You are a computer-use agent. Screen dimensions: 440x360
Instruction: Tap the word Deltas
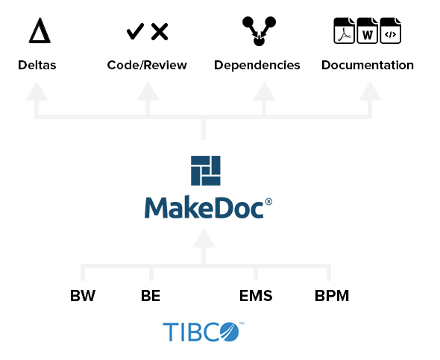pos(37,65)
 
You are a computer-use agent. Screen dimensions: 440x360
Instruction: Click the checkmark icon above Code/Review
pos(135,31)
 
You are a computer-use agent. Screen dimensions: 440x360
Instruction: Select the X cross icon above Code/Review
pos(160,32)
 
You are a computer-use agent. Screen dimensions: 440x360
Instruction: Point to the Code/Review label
pos(147,65)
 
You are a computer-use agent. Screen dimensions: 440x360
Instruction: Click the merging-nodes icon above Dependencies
pos(259,31)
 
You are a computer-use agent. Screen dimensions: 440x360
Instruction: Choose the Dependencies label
pos(257,66)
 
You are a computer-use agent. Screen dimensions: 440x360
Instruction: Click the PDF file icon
pos(344,31)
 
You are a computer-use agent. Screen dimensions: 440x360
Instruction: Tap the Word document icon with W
pos(368,31)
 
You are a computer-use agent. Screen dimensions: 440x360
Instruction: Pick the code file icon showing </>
pos(391,31)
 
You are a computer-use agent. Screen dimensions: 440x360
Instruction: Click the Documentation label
pos(368,65)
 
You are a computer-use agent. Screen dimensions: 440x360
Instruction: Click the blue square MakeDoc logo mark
pos(206,171)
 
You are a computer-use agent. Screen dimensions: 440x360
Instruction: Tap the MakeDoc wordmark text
pos(204,207)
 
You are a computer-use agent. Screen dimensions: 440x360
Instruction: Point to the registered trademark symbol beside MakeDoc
pos(268,201)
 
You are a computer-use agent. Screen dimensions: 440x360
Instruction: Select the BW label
pos(83,296)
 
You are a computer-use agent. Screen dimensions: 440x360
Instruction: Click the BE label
pos(151,296)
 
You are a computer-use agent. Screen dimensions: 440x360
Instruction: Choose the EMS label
pos(256,296)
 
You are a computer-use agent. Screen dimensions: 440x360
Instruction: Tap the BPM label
pos(332,296)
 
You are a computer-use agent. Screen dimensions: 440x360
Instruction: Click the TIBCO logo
pos(204,332)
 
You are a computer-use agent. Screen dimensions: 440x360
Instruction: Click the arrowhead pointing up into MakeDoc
pos(204,238)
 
